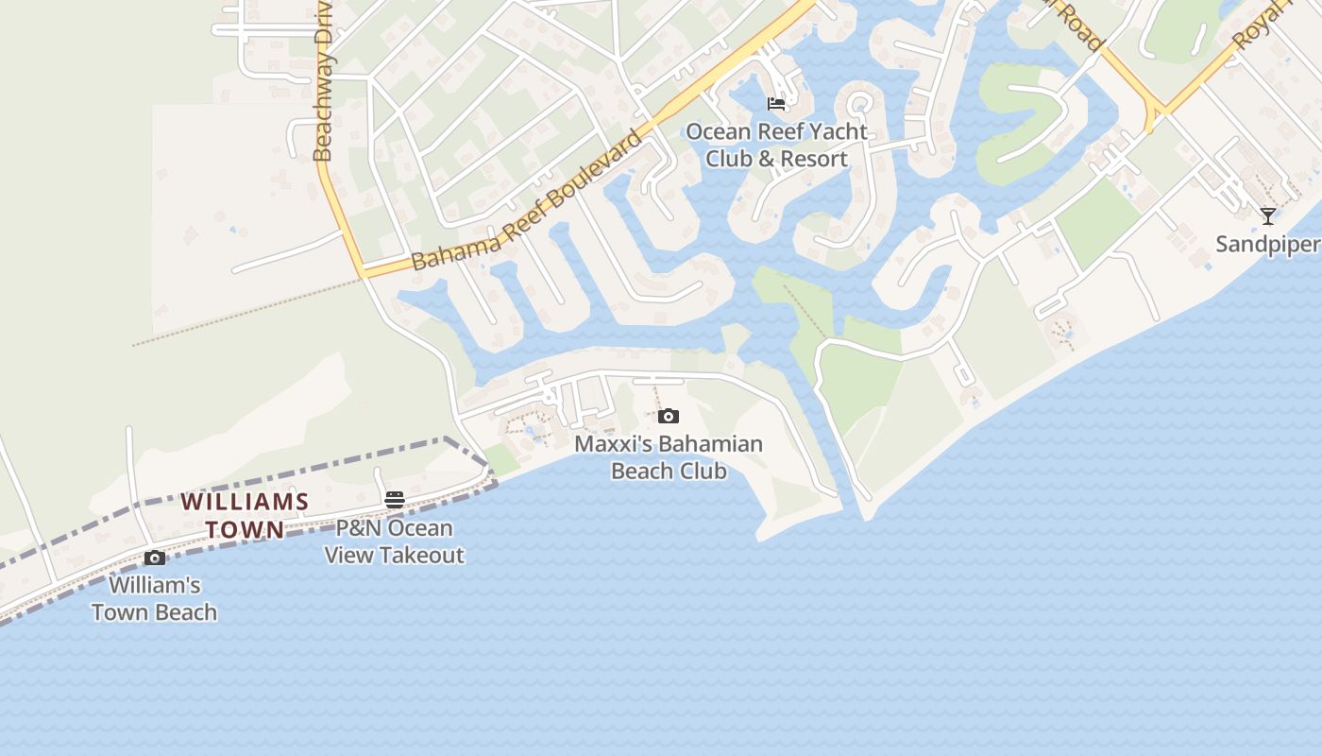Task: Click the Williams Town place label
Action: [245, 515]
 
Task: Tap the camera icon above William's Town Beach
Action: [155, 558]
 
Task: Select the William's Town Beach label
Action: [155, 598]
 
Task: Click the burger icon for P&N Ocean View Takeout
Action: [395, 500]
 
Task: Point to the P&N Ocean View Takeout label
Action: [395, 541]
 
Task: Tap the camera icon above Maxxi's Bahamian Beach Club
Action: [669, 416]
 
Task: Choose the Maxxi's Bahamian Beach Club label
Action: [669, 457]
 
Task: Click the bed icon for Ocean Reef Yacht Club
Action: [776, 103]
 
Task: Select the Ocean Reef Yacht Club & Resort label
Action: [776, 146]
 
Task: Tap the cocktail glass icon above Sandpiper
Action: [1267, 216]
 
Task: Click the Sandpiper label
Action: [1268, 245]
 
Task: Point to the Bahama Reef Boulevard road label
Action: [527, 201]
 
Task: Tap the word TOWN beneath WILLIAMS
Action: [245, 529]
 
